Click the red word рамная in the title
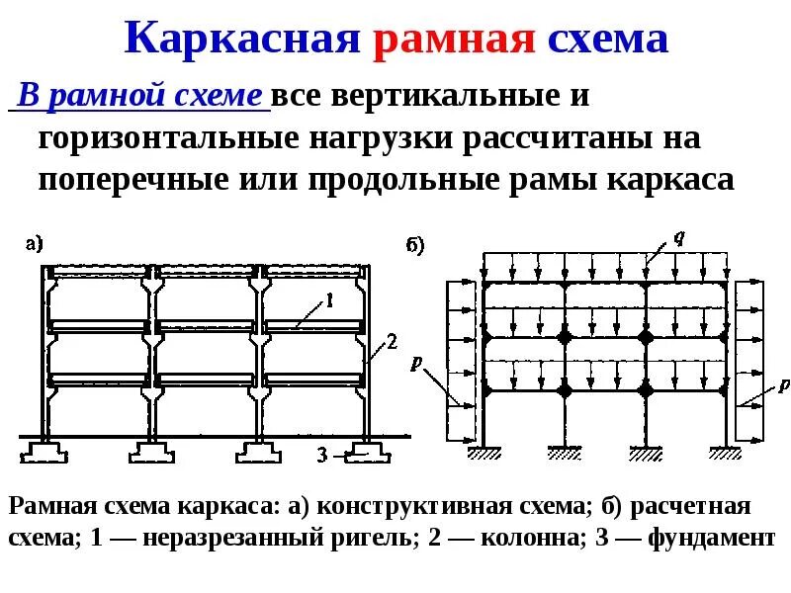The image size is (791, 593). (x=455, y=41)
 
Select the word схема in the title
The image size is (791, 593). (x=606, y=41)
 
